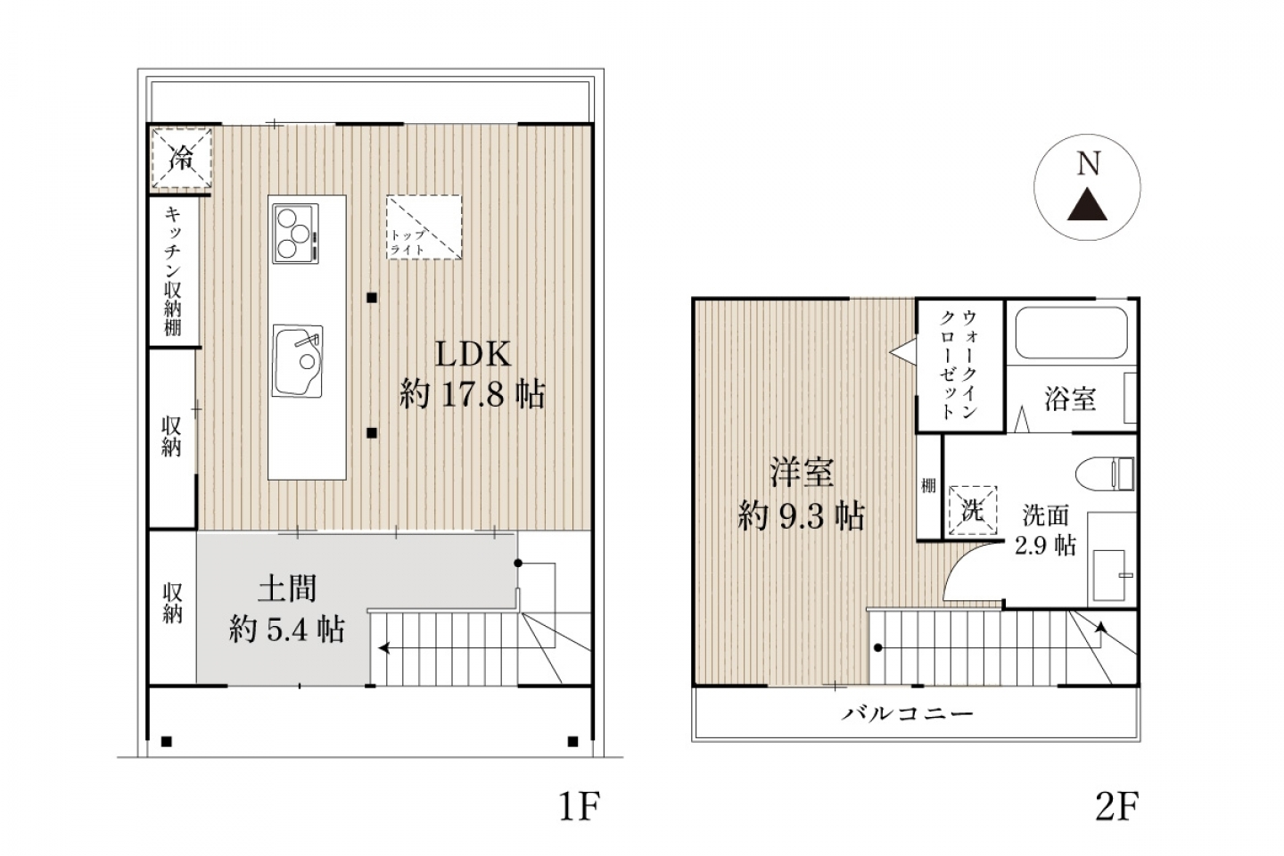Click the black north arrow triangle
coord(1087,206)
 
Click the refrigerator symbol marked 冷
coord(182,158)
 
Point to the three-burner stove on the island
coord(295,234)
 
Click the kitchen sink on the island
coord(298,361)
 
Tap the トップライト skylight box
coord(424,227)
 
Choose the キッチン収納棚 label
coord(173,270)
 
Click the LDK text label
coord(473,354)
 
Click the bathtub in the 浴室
coord(1072,333)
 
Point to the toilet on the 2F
coord(1105,473)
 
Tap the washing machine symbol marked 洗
coord(973,510)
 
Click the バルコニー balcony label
coord(908,714)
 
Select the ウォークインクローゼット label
coord(959,365)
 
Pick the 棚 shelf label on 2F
coord(928,486)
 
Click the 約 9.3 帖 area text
coord(802,516)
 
